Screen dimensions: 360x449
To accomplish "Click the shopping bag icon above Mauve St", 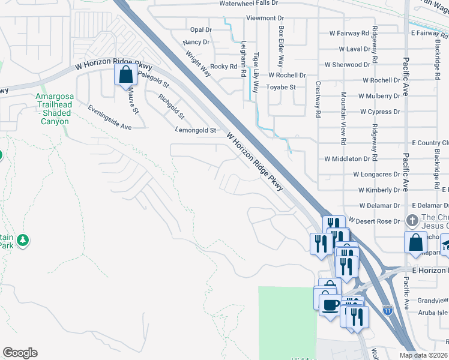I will (125, 76).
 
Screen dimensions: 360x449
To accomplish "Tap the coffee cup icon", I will (330, 305).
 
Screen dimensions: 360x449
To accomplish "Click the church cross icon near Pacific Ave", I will (412, 220).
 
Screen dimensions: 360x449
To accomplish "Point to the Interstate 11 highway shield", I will (388, 310).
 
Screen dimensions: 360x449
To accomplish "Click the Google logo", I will (20, 353).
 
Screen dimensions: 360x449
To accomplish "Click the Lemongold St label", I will (195, 130).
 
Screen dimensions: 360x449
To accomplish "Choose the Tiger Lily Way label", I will (256, 69).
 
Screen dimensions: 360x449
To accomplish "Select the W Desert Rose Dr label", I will (373, 221).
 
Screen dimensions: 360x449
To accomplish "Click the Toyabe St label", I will (281, 87).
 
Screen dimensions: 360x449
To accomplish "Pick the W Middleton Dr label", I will (347, 159).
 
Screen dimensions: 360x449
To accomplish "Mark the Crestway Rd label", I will (318, 99).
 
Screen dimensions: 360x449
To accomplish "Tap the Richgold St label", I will (171, 106).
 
